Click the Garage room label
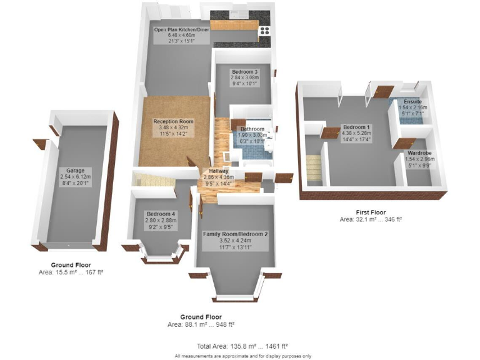[x=75, y=170]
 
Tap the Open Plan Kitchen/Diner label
[x=181, y=29]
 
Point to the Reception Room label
[x=174, y=121]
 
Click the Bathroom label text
[x=252, y=129]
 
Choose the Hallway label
[x=219, y=171]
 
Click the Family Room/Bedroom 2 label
[x=235, y=234]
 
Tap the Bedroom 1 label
[x=357, y=127]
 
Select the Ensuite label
[x=412, y=101]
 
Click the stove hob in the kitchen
[x=264, y=29]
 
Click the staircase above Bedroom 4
[x=151, y=181]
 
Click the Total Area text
[x=242, y=346]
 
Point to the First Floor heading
[x=371, y=212]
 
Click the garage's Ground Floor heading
[x=71, y=265]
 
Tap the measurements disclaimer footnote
[x=242, y=356]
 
